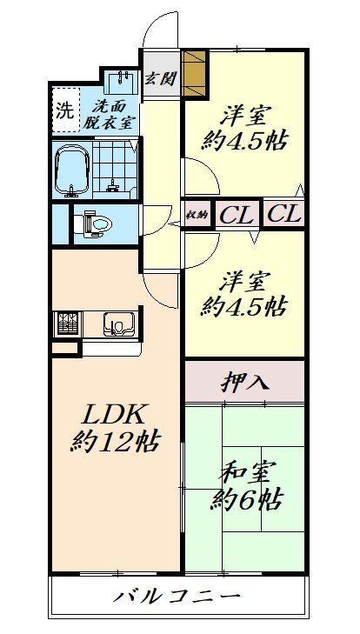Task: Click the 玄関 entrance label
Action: tap(160, 79)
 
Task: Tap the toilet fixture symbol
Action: tap(93, 224)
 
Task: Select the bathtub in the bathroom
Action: tap(72, 169)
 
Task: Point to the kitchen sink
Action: tap(119, 324)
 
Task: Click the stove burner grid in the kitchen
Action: tap(67, 323)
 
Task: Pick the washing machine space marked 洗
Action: tap(66, 110)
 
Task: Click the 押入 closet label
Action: tap(245, 382)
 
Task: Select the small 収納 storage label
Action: tap(197, 215)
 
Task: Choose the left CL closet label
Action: tap(237, 214)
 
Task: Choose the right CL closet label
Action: tap(284, 213)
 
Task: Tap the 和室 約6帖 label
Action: tap(246, 487)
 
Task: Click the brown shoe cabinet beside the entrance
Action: tap(194, 73)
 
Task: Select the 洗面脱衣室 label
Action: tap(110, 115)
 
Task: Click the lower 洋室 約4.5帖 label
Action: tap(243, 295)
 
